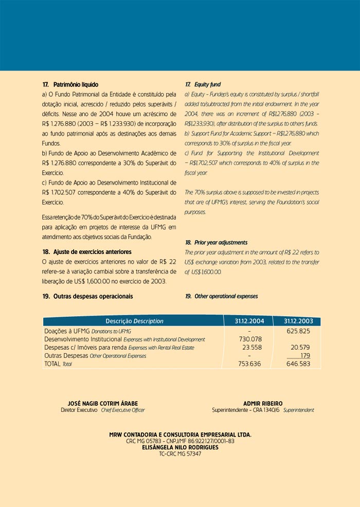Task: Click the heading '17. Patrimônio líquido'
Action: [70, 84]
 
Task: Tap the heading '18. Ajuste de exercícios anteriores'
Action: [87, 252]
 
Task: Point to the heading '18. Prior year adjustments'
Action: [216, 242]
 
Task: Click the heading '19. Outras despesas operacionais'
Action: [87, 296]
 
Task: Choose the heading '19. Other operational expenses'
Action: [221, 296]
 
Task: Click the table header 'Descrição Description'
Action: [134, 321]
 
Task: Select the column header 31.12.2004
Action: [249, 321]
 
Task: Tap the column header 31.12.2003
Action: [298, 321]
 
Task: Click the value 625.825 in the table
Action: [298, 331]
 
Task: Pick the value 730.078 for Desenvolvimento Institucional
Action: [250, 339]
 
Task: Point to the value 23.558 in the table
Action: [252, 348]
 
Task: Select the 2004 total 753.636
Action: [250, 364]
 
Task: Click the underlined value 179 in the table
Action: [305, 355]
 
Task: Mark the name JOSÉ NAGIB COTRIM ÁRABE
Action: [103, 403]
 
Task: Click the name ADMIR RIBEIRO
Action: [263, 403]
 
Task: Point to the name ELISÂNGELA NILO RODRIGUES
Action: [180, 447]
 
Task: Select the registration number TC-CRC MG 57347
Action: [180, 454]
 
